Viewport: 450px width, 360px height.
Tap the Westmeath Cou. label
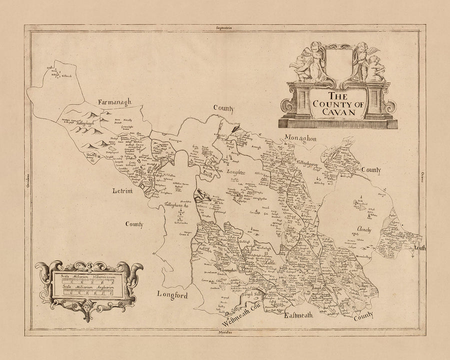(x=238, y=316)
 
